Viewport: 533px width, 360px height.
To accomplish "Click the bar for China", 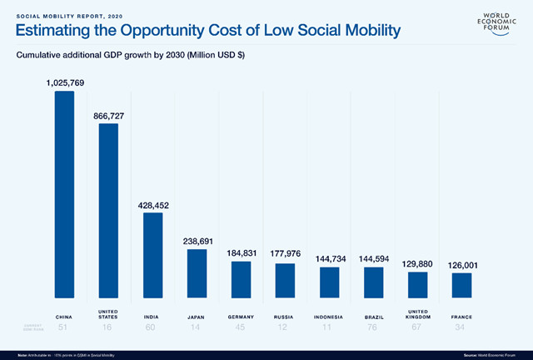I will [x=64, y=193].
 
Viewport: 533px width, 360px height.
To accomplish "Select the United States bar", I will [x=108, y=210].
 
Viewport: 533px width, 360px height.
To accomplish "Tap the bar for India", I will [x=152, y=254].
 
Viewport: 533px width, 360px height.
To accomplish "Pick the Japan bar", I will [x=197, y=273].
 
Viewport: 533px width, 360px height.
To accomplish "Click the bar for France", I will [x=461, y=285].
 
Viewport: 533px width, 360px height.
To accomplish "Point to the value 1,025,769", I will [x=64, y=82].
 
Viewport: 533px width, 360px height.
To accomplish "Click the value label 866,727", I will [x=108, y=116].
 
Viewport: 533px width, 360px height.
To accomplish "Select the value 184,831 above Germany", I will [x=241, y=252].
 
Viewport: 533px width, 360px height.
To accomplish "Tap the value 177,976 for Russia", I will [x=285, y=253].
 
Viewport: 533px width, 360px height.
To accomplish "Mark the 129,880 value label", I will [x=417, y=262].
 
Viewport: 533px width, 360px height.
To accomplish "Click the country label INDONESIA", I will [x=329, y=317].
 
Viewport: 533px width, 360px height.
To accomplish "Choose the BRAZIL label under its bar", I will [x=373, y=317].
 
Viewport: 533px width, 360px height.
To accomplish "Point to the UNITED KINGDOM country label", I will [x=417, y=317].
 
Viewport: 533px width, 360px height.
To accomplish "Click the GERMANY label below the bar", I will [x=241, y=317].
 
